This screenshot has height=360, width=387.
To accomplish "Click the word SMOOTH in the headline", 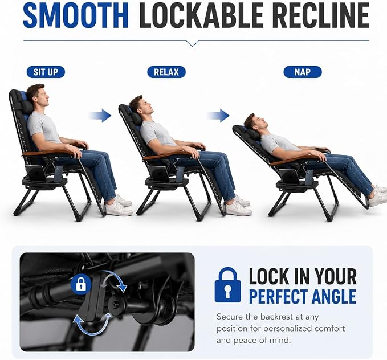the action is click(x=76, y=15).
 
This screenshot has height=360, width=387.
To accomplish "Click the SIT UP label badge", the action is click(x=46, y=72).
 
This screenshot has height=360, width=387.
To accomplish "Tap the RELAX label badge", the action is click(x=166, y=72).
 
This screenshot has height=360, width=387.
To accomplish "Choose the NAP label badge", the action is click(x=303, y=72).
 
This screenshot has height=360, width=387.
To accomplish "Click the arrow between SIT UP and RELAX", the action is click(x=100, y=116).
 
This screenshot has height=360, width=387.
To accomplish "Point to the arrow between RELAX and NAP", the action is click(x=218, y=116).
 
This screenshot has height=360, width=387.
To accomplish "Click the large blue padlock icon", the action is click(x=228, y=285).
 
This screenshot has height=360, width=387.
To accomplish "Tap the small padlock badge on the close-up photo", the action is click(x=81, y=284).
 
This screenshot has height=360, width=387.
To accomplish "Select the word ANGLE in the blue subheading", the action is click(x=333, y=296).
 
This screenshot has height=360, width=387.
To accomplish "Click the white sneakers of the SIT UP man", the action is click(x=119, y=206).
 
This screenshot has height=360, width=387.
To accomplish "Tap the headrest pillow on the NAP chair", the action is click(x=252, y=134).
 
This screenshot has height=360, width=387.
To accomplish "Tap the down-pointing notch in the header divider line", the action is click(x=193, y=43).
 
